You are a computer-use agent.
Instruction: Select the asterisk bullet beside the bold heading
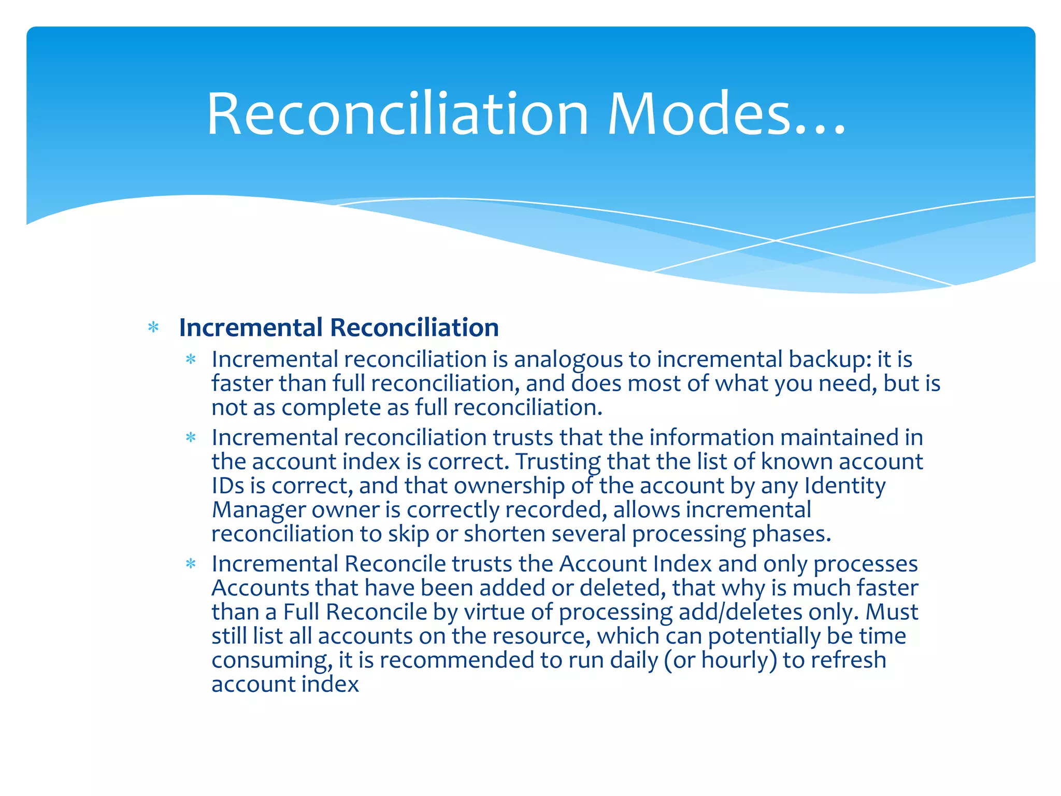click(x=153, y=328)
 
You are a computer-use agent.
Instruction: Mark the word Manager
click(x=259, y=510)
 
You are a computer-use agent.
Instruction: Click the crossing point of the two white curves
click(x=776, y=240)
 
